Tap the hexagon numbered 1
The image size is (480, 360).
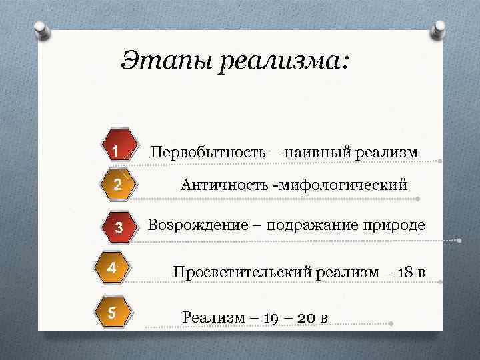pyautogui.click(x=116, y=152)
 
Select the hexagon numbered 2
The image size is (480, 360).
pyautogui.click(x=116, y=185)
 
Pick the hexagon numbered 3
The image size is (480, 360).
pyautogui.click(x=118, y=228)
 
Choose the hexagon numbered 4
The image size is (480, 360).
pyautogui.click(x=113, y=268)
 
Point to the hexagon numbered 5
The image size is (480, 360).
pyautogui.click(x=113, y=311)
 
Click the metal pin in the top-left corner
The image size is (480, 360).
pyautogui.click(x=41, y=30)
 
